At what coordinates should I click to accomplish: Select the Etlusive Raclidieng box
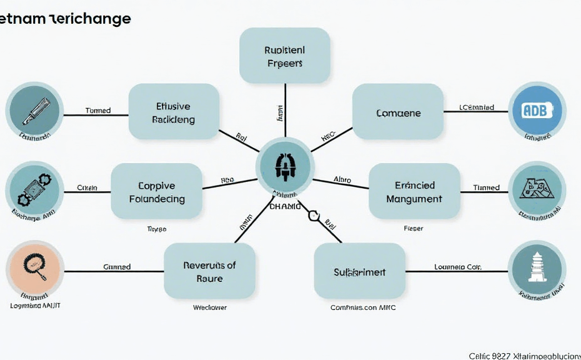(174, 112)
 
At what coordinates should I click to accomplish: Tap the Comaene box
(398, 113)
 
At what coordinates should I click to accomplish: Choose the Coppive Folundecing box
(157, 192)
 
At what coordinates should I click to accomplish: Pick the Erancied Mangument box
(415, 192)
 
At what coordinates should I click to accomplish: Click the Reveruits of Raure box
(209, 271)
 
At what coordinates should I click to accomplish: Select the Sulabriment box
(359, 272)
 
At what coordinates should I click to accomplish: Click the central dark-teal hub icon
(285, 167)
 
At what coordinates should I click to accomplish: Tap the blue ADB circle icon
(537, 111)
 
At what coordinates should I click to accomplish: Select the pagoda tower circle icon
(537, 269)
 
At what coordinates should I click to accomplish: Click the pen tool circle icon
(34, 111)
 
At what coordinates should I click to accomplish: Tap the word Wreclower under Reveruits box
(209, 307)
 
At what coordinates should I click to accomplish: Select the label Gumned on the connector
(117, 267)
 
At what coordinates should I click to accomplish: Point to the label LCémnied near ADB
(477, 107)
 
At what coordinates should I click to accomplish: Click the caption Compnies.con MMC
(362, 307)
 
